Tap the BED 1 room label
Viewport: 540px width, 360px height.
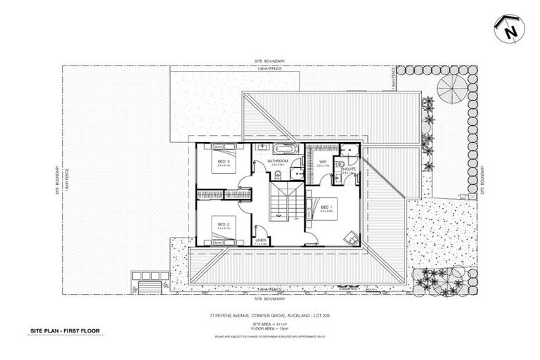pos(325,207)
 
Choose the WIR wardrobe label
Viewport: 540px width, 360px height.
pos(323,162)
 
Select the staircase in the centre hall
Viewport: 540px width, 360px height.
pos(283,202)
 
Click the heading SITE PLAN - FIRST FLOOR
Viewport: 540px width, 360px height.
pos(65,329)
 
